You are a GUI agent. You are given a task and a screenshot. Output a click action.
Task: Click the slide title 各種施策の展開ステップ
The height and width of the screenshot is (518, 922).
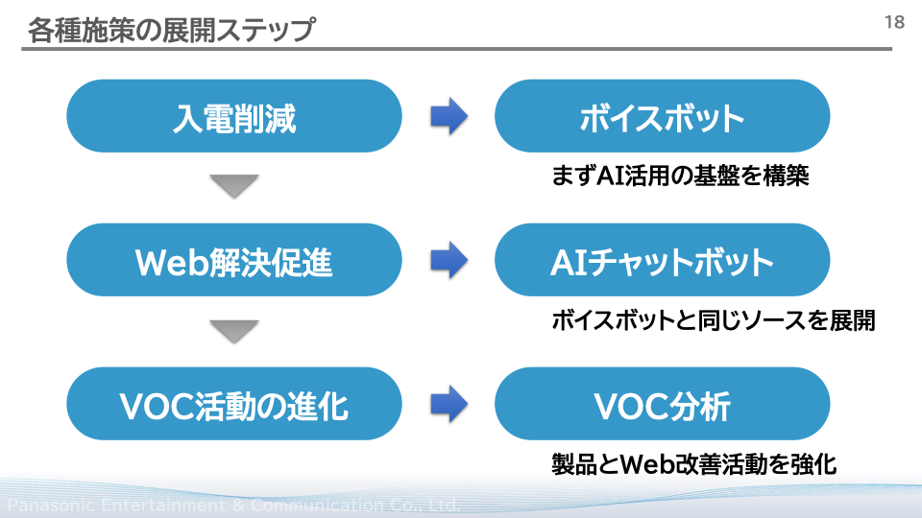(x=172, y=30)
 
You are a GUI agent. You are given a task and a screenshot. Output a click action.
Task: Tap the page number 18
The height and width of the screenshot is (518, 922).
(x=894, y=22)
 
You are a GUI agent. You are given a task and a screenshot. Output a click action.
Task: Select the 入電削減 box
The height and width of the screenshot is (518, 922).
(x=234, y=116)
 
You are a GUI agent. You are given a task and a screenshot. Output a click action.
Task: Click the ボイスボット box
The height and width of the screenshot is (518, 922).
(x=662, y=116)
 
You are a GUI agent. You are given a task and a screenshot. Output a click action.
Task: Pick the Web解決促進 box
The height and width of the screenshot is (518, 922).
(x=234, y=260)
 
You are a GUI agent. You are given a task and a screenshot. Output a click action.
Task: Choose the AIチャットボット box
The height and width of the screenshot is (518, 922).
(x=662, y=260)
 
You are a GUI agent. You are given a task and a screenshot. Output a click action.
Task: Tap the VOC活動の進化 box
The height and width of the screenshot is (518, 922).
(x=234, y=404)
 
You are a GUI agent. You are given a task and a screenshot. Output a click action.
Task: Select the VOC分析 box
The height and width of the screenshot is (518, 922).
(x=662, y=404)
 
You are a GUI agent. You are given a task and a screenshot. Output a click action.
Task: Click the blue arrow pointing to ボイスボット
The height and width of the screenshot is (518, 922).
(x=449, y=116)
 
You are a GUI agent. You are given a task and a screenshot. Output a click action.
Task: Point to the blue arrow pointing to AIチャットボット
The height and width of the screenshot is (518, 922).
(x=449, y=260)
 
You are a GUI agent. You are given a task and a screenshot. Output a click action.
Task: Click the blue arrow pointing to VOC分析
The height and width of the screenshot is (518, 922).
(x=449, y=404)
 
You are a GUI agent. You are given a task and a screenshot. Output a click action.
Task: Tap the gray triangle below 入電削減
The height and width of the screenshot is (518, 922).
(x=234, y=186)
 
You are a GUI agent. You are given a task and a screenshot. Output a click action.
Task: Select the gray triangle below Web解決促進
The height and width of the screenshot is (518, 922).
(x=234, y=331)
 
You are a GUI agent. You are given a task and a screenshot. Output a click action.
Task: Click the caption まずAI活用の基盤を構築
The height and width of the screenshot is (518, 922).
(x=680, y=176)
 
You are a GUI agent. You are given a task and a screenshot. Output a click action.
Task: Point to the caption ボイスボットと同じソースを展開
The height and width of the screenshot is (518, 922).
(x=714, y=320)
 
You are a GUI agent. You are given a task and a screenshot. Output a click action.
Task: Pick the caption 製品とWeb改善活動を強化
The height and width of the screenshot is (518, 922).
(x=693, y=464)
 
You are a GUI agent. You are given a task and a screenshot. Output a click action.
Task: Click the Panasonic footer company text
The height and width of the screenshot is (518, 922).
(x=233, y=505)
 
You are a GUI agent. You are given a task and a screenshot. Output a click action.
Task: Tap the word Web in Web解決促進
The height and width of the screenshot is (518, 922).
(x=172, y=262)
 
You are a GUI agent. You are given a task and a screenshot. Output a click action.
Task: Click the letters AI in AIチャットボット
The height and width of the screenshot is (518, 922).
(x=570, y=263)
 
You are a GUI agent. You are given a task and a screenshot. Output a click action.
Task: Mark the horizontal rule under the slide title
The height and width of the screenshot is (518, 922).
(x=457, y=49)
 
